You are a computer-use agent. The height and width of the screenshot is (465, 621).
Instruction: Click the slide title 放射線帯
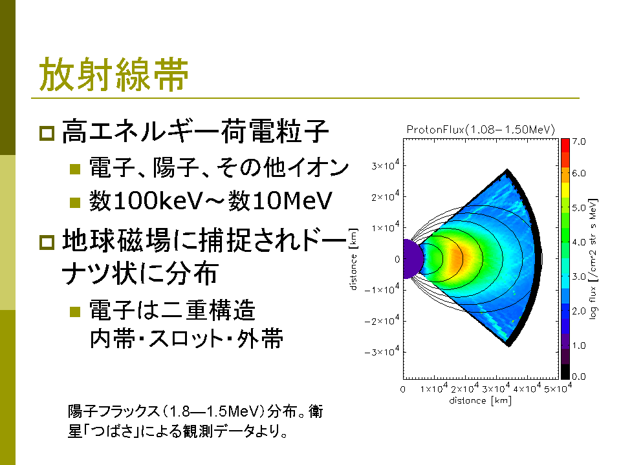114,74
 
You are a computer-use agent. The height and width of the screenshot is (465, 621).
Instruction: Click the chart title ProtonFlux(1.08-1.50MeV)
481,130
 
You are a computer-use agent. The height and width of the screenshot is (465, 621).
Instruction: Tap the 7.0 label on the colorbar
578,141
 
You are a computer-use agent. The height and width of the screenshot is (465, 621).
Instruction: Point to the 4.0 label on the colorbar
578,242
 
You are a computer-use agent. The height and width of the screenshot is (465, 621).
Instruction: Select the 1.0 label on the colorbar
578,346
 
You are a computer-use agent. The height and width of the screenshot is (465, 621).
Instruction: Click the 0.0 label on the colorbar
578,377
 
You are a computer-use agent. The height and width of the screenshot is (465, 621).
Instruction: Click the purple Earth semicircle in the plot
412,259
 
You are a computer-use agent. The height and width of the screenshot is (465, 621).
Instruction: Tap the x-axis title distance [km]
480,400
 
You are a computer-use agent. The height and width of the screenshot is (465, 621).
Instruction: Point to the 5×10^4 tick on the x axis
558,388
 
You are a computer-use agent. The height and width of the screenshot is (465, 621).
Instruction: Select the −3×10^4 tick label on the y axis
382,351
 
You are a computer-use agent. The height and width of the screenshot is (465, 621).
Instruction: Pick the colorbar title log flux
593,302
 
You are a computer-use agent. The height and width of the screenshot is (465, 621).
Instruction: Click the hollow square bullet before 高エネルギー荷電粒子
47,133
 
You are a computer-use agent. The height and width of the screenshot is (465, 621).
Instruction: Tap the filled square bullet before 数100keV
75,202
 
